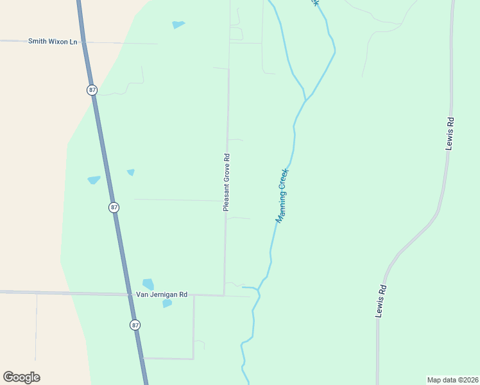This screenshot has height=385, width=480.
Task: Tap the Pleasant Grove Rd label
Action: (x=227, y=182)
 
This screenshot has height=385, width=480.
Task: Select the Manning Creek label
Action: (x=282, y=195)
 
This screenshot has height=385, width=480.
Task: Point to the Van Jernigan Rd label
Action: (x=161, y=295)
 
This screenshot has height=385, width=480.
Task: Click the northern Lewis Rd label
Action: (x=450, y=133)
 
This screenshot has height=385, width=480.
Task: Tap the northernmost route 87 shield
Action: (x=92, y=90)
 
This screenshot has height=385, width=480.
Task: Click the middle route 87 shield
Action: (x=114, y=207)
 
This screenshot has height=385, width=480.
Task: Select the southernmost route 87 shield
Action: (x=135, y=325)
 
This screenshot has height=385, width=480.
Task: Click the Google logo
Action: (x=21, y=377)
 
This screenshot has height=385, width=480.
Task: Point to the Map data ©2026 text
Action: (x=452, y=380)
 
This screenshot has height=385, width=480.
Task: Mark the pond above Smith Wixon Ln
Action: (x=178, y=25)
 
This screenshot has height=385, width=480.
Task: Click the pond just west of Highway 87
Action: (x=94, y=180)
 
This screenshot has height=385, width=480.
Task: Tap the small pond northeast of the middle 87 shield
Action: (x=131, y=172)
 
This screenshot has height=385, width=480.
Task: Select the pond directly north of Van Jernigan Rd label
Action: (x=148, y=284)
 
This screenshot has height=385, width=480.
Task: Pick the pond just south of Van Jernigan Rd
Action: (x=167, y=304)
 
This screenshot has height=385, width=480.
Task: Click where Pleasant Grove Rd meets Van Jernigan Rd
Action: (x=224, y=295)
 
